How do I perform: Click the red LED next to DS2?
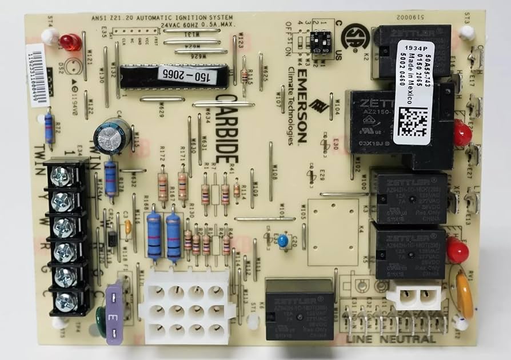69,41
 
